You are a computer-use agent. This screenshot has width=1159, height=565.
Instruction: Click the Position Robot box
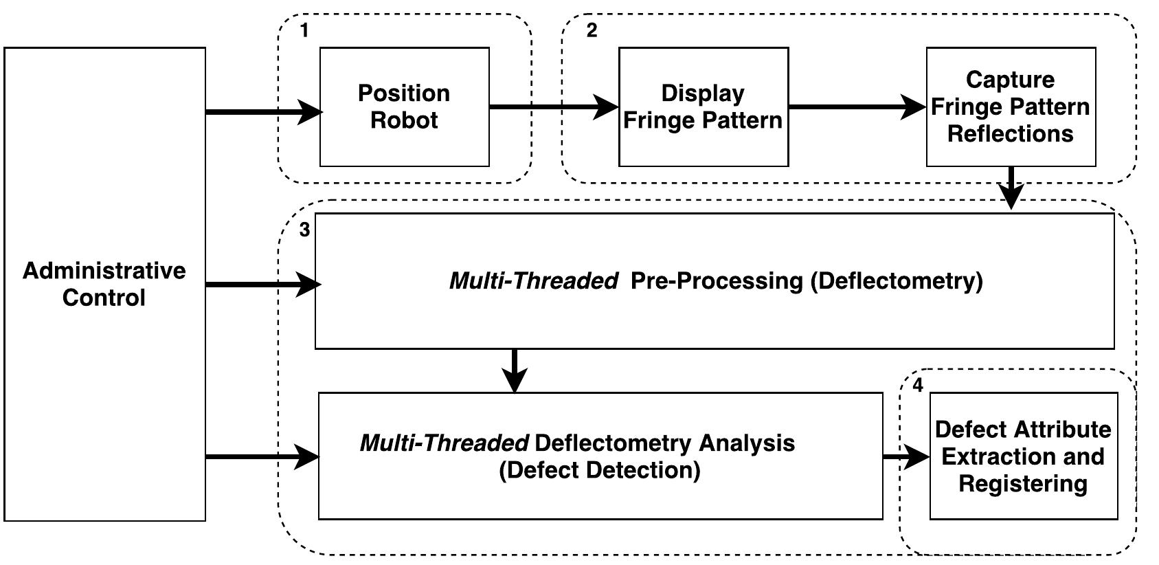click(x=404, y=107)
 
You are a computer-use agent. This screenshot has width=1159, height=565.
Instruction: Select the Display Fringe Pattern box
click(x=703, y=107)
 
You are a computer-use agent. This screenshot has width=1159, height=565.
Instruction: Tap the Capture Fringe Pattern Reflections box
click(x=1010, y=107)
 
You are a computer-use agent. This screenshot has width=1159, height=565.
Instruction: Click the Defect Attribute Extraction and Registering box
click(x=1023, y=456)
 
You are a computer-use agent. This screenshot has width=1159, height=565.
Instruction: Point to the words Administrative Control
click(x=104, y=284)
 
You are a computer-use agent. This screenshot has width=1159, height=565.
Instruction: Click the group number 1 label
click(x=304, y=31)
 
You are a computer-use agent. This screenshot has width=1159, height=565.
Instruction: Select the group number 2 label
click(x=592, y=31)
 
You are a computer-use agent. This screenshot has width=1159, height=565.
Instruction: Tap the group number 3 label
click(x=304, y=230)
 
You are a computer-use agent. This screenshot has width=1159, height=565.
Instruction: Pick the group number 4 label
click(x=918, y=386)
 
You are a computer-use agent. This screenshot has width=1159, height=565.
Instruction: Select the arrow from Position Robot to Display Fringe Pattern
click(x=553, y=107)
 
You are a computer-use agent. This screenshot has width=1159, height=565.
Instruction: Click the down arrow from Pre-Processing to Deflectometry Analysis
click(x=515, y=370)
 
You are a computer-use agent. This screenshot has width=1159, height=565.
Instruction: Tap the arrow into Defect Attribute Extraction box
click(x=905, y=456)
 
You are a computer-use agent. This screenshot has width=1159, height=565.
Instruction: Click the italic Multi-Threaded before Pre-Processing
click(x=533, y=281)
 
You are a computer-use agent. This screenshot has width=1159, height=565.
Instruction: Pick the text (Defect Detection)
click(x=599, y=471)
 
